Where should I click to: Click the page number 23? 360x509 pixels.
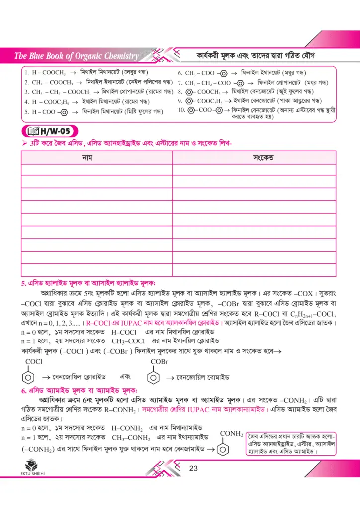[x=193, y=468]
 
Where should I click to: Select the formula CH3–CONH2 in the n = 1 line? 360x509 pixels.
[x=131, y=438]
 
